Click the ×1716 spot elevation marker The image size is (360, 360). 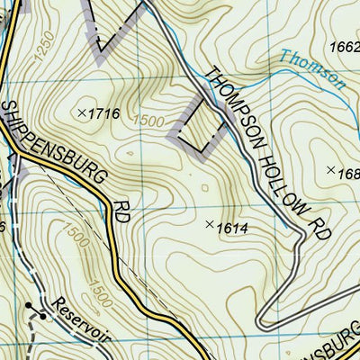[82, 112]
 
